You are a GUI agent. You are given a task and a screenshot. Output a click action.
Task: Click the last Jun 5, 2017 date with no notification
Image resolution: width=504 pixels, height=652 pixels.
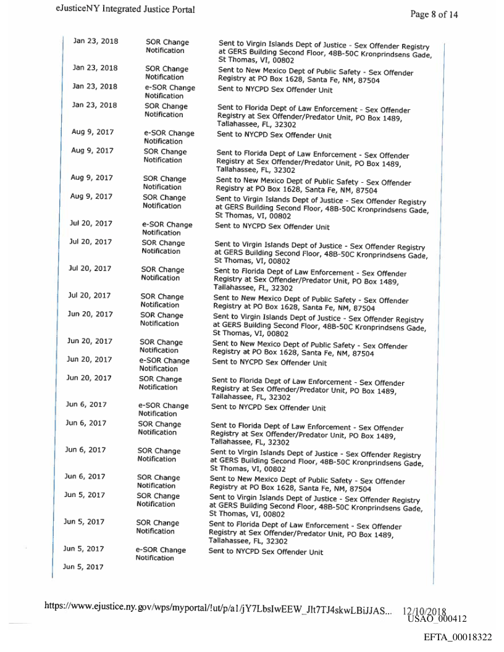(x=83, y=566)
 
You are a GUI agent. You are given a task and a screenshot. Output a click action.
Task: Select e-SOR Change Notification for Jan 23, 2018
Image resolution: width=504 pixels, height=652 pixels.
(x=170, y=91)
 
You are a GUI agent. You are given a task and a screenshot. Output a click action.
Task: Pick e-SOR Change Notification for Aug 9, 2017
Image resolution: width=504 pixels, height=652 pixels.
(x=169, y=137)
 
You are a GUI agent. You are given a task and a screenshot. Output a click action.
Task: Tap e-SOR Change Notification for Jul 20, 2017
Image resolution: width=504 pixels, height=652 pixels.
(x=167, y=228)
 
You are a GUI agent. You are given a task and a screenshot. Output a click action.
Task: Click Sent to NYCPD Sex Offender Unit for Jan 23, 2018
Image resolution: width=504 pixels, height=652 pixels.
(x=275, y=90)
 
